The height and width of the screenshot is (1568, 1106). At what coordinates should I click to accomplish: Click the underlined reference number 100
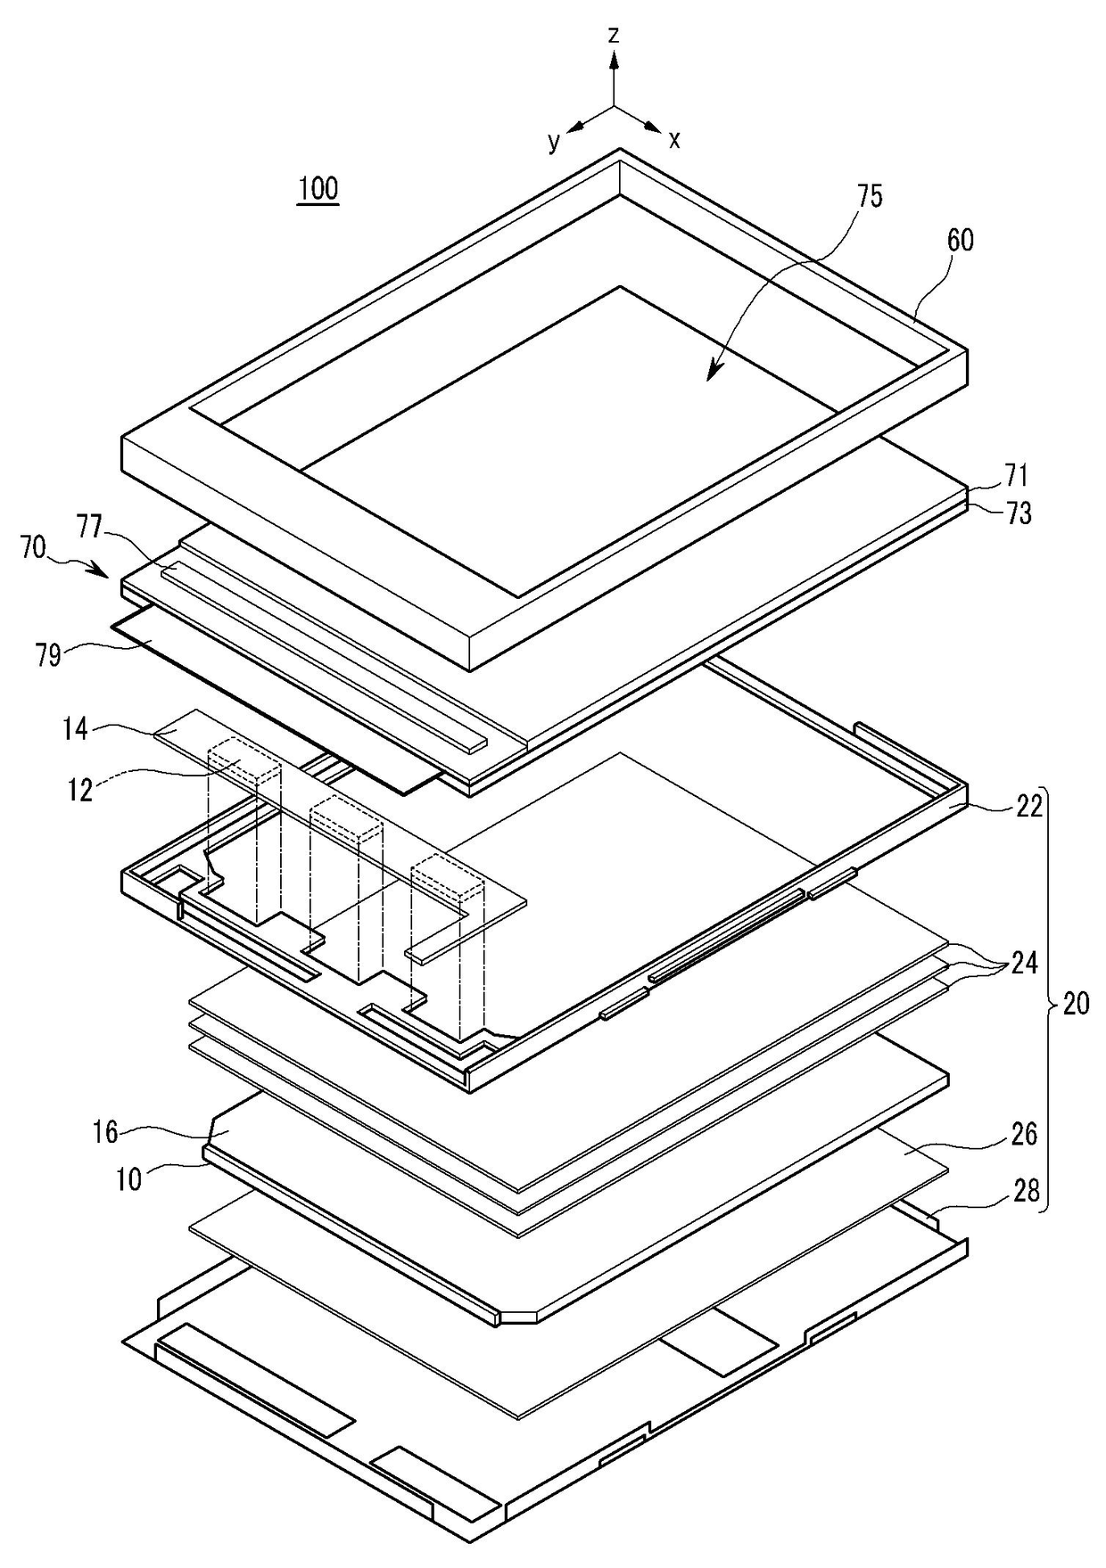click(x=318, y=189)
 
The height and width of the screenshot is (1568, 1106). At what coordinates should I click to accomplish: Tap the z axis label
click(x=614, y=35)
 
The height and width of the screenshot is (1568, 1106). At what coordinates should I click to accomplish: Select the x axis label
click(x=675, y=139)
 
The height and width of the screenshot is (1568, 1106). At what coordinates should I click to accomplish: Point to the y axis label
click(x=554, y=141)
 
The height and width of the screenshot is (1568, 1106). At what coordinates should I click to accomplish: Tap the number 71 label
click(x=1017, y=475)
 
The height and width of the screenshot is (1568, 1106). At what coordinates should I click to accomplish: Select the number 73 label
click(x=1018, y=513)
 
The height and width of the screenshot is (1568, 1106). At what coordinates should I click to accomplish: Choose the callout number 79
click(x=49, y=657)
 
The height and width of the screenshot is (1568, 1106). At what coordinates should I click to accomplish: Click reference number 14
click(x=76, y=729)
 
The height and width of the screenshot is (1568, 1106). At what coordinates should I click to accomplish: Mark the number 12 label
click(x=80, y=789)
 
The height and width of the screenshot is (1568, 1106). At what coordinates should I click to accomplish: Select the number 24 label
click(x=1023, y=964)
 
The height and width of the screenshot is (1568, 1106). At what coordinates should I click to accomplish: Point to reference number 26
click(x=1024, y=1134)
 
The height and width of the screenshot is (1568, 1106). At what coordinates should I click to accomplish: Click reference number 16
click(x=105, y=1133)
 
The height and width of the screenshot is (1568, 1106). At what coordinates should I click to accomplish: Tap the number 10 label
click(x=128, y=1179)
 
